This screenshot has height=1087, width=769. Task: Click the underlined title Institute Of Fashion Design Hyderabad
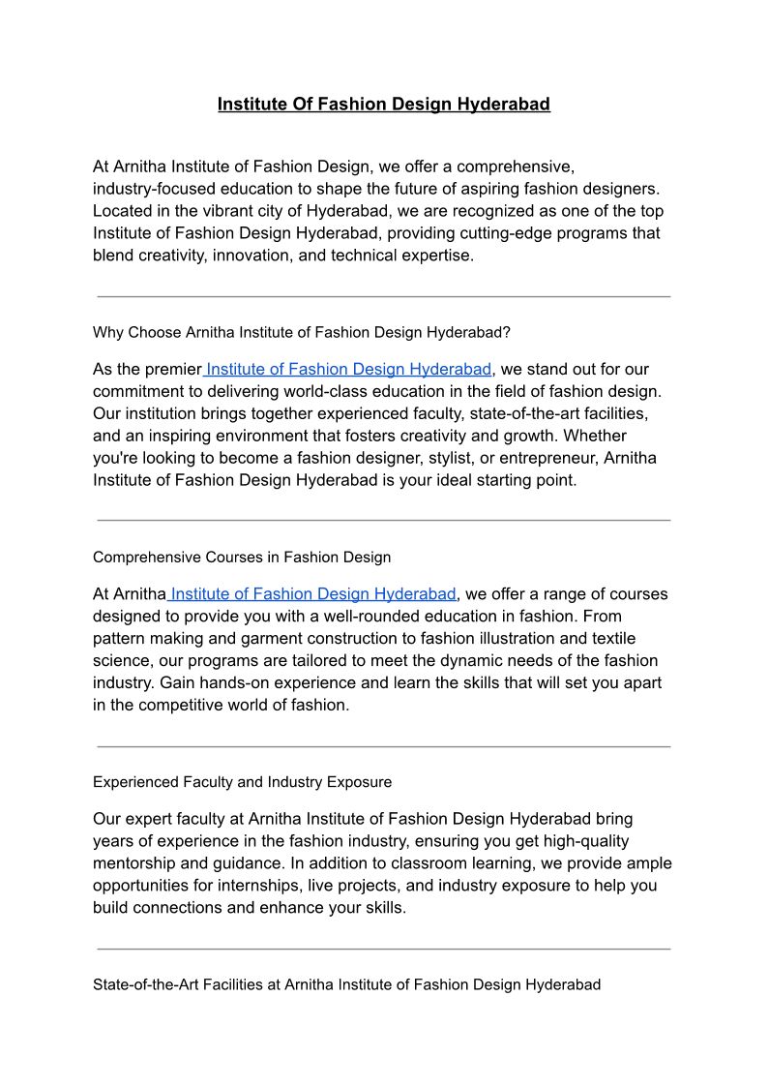coord(383,104)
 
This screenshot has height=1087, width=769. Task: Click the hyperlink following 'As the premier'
coord(348,369)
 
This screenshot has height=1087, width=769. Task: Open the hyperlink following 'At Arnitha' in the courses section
coord(312,593)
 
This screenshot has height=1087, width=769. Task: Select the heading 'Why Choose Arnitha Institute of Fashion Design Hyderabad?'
coord(301,332)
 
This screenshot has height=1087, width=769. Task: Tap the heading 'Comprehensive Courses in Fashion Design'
coord(242,557)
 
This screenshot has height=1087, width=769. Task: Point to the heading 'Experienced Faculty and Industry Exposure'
coord(242,781)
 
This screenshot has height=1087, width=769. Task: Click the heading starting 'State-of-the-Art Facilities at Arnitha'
coord(346,984)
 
